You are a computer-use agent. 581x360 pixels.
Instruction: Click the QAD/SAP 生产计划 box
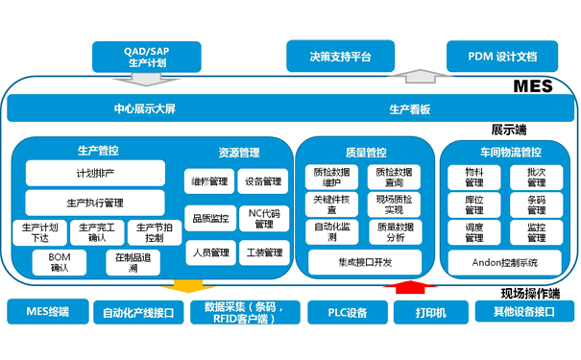[x=146, y=56]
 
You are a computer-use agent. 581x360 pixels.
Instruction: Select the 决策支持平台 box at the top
[x=341, y=56]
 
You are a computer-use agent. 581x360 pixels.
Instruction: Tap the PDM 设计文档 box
[x=502, y=56]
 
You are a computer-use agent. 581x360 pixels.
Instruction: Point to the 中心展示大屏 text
[x=144, y=108]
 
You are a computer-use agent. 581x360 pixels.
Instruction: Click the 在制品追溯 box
[x=133, y=262]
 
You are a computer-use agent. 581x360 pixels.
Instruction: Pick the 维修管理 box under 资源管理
[x=209, y=180]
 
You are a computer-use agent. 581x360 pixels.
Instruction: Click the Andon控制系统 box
[x=505, y=261]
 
